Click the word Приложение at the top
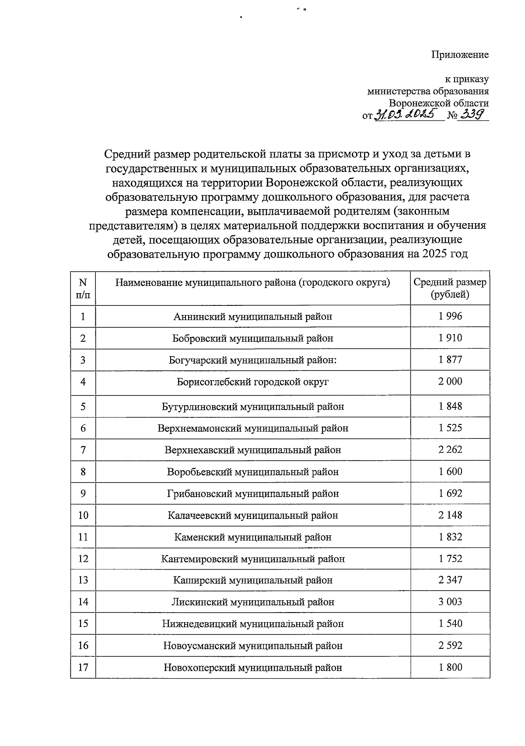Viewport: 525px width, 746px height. pos(459,55)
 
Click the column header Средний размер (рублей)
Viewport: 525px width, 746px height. pos(450,288)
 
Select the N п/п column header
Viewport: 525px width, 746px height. pos(83,288)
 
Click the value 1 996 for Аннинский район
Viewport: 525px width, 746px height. pos(450,316)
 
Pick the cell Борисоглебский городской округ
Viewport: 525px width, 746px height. pos(252,382)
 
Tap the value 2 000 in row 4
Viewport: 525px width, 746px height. pos(450,381)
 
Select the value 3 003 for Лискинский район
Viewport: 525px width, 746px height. pos(450,602)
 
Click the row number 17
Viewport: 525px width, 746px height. pos(83,667)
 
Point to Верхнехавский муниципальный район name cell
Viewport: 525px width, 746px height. pos(252,450)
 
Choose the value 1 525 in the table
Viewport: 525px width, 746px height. pos(450,427)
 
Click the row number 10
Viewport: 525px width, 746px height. pos(83,515)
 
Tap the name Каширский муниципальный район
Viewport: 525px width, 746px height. pos(252,580)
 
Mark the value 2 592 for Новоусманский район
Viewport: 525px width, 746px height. pos(450,645)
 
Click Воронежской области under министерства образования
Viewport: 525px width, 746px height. pos(438,103)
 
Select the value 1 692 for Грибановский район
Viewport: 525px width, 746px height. pos(450,493)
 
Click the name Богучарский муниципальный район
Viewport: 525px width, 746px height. pos(252,360)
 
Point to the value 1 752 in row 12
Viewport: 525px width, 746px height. pos(450,558)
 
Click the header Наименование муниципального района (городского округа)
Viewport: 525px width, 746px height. pos(252,283)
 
